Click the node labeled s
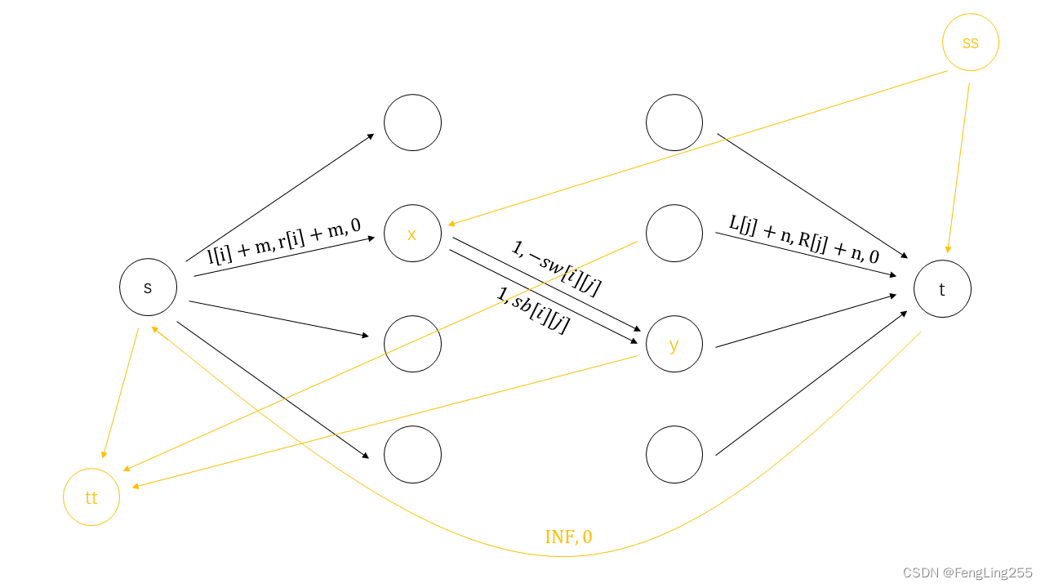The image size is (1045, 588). (148, 287)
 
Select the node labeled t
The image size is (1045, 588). (942, 289)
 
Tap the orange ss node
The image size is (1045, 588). (970, 42)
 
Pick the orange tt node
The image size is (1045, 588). (91, 497)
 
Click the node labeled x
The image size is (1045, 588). (412, 234)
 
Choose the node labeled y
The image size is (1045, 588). (674, 345)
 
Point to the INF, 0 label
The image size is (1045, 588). (568, 537)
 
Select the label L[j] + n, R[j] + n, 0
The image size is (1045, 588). (804, 238)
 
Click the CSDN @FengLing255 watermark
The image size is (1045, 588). (968, 573)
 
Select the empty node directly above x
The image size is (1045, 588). (412, 122)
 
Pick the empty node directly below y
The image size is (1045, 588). (674, 454)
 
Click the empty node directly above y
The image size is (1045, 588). (674, 234)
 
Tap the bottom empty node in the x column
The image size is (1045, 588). (412, 454)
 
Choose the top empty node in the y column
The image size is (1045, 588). (674, 122)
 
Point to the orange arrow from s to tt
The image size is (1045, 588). (121, 392)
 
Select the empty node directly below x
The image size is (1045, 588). (412, 344)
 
